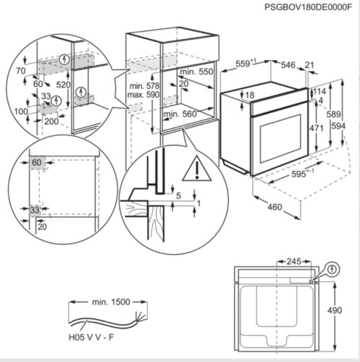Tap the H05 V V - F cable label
90,338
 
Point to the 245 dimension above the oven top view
293,261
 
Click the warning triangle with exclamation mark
193,170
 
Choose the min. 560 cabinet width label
181,114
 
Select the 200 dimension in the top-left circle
51,122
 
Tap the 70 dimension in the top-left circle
20,72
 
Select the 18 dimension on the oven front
249,95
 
